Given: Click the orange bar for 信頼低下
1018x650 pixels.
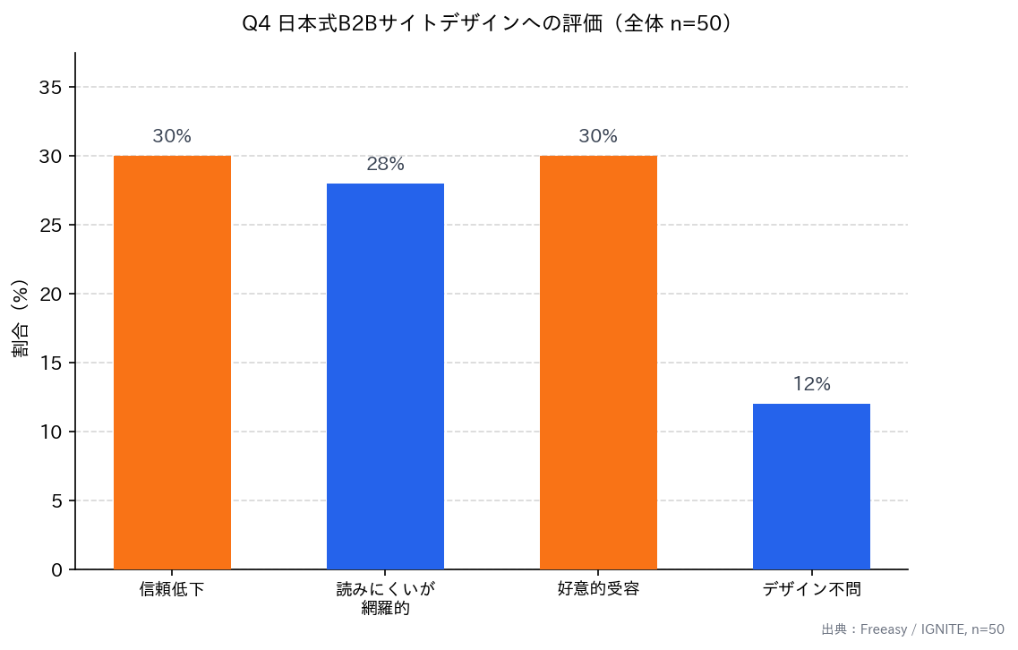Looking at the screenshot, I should click(x=172, y=363).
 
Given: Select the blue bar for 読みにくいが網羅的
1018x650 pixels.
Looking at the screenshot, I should click(x=385, y=376).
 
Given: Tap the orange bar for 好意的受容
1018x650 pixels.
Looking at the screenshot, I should click(x=598, y=363).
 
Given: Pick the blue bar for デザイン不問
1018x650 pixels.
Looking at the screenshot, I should click(x=811, y=486).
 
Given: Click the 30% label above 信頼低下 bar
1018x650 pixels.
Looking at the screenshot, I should click(x=172, y=137).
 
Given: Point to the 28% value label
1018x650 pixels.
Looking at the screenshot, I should click(x=385, y=165).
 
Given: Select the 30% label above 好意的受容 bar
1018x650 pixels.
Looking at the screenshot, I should click(x=598, y=137).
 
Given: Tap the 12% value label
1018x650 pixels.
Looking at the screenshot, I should click(x=811, y=385).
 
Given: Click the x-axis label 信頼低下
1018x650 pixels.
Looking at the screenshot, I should click(x=172, y=589).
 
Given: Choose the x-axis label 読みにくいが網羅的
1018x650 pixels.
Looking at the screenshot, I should click(x=385, y=599).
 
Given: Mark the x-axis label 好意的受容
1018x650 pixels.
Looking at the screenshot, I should click(x=598, y=589).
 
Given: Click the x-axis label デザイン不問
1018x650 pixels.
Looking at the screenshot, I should click(x=811, y=589).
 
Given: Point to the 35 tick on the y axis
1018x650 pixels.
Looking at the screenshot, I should click(x=51, y=88).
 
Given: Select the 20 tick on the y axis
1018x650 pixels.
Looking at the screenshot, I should click(x=51, y=295).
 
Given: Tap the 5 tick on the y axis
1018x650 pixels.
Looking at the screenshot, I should click(x=57, y=501).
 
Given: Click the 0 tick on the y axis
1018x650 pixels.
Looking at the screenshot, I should click(x=57, y=570).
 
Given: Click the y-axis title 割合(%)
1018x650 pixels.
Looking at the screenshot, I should click(x=21, y=319).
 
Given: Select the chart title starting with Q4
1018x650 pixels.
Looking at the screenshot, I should click(x=492, y=24).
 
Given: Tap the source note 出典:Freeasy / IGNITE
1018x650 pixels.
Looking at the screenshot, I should click(x=912, y=629).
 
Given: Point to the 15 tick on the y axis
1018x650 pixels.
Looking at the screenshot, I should click(x=51, y=363).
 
